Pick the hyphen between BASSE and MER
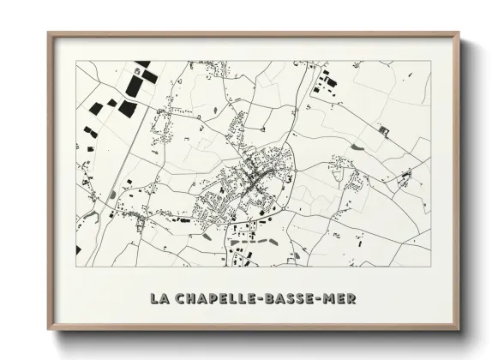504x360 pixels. [x=323, y=298]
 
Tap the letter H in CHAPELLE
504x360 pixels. [x=191, y=298]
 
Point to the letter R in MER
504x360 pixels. [x=353, y=298]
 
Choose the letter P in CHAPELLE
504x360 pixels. [x=214, y=298]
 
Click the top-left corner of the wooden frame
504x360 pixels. [x=48, y=33]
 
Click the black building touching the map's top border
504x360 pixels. [x=141, y=64]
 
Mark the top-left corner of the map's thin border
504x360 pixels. [x=76, y=61]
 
